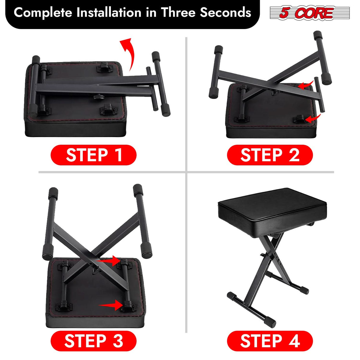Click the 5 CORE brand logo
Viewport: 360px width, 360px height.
pyautogui.click(x=310, y=13)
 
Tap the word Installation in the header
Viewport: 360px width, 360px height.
pyautogui.click(x=109, y=13)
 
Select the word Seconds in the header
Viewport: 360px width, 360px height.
pyautogui.click(x=225, y=13)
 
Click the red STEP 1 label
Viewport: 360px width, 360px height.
pyautogui.click(x=93, y=155)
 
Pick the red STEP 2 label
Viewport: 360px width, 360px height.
pyautogui.click(x=270, y=155)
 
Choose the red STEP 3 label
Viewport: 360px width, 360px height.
pyautogui.click(x=93, y=341)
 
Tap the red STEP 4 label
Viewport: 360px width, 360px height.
pyautogui.click(x=270, y=341)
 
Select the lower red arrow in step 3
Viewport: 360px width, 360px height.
pyautogui.click(x=111, y=305)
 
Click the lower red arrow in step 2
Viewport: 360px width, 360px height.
pyautogui.click(x=313, y=119)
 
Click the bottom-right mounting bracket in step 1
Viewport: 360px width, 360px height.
pyautogui.click(x=109, y=111)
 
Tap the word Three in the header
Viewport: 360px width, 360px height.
pyautogui.click(x=178, y=13)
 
